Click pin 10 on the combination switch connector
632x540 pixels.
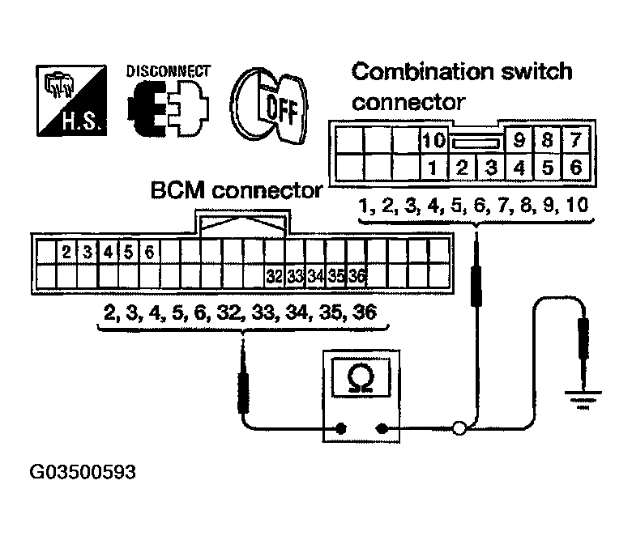tap(433, 141)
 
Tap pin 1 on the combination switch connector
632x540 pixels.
tap(433, 169)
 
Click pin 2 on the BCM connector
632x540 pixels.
tap(66, 251)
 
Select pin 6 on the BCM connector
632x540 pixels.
tap(149, 251)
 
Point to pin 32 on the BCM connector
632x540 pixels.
tap(274, 277)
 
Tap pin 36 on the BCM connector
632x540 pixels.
tap(357, 277)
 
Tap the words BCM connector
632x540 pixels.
tap(236, 192)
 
